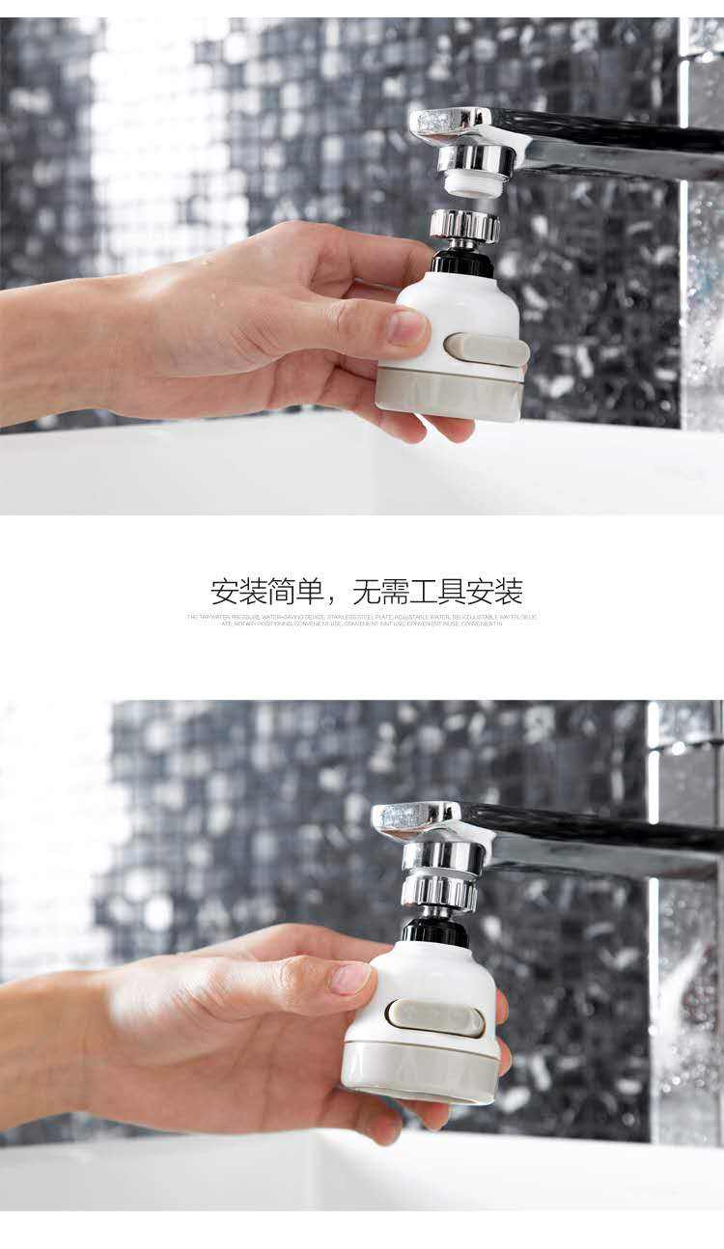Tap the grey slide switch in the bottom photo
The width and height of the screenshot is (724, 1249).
(x=435, y=1017)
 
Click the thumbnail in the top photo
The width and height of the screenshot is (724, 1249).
(x=407, y=327)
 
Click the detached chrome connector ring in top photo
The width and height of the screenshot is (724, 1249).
(x=464, y=227)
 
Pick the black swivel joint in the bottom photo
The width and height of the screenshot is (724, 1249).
(x=435, y=930)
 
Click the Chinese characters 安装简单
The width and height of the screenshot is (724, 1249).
(x=265, y=591)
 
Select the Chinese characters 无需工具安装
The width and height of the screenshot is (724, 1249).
(x=437, y=591)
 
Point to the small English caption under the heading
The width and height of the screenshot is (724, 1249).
(x=362, y=620)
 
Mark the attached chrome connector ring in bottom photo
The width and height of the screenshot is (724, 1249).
(x=440, y=890)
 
